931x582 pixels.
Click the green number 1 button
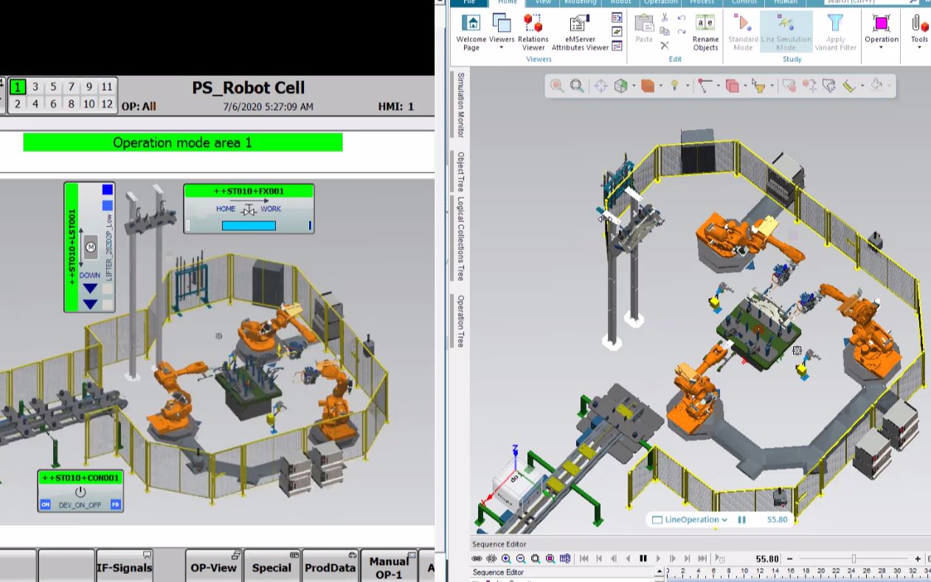coord(18,87)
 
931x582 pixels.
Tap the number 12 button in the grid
coord(107,104)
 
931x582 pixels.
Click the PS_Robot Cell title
coord(248,88)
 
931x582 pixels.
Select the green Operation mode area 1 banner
coord(182,142)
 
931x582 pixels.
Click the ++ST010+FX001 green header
coord(249,191)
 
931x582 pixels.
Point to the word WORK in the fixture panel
coord(271,209)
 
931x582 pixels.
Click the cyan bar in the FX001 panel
coord(249,226)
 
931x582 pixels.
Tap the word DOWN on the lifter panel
coord(90,275)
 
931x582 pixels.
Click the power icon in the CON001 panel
coord(80,492)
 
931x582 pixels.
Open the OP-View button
coord(213,567)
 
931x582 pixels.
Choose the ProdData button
coord(330,567)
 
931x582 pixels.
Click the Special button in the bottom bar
coord(271,567)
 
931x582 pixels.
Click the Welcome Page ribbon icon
coord(471,32)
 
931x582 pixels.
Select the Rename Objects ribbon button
coord(705,32)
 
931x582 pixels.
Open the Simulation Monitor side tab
coord(461,105)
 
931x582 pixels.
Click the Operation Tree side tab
coord(461,321)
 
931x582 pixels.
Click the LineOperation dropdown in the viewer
coord(691,519)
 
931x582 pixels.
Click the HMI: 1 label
coord(395,106)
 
